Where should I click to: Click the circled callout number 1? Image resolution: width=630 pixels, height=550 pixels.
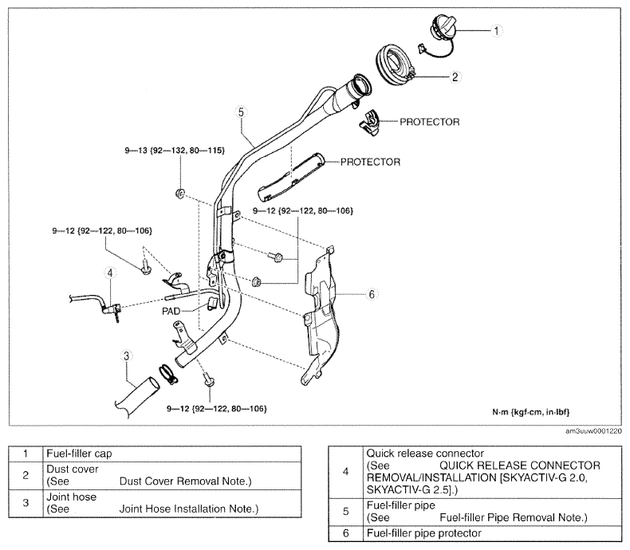click(x=496, y=30)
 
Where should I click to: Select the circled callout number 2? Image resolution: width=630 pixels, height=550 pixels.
click(x=455, y=77)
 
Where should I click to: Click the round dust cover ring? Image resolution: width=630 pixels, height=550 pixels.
click(x=395, y=65)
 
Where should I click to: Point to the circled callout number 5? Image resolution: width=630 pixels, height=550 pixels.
click(x=241, y=112)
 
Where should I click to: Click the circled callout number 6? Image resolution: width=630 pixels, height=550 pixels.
click(x=372, y=294)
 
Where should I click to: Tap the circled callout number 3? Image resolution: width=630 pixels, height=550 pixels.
click(x=127, y=356)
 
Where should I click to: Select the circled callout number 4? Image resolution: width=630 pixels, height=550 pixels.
click(x=110, y=273)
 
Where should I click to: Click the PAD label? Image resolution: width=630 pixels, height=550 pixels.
click(x=171, y=311)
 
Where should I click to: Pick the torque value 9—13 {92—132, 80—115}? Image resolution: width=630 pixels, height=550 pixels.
click(x=175, y=150)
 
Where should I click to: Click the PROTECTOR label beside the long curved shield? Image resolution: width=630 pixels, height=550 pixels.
click(x=371, y=162)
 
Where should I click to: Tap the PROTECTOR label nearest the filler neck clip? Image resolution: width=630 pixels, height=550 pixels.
click(x=430, y=122)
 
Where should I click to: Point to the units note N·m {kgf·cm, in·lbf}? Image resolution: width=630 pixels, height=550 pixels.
click(x=531, y=412)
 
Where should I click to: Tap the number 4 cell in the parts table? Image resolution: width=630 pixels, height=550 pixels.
click(x=345, y=472)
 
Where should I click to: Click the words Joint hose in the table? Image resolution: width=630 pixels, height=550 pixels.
click(x=72, y=497)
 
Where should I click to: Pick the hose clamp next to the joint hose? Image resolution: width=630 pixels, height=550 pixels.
click(x=167, y=374)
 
